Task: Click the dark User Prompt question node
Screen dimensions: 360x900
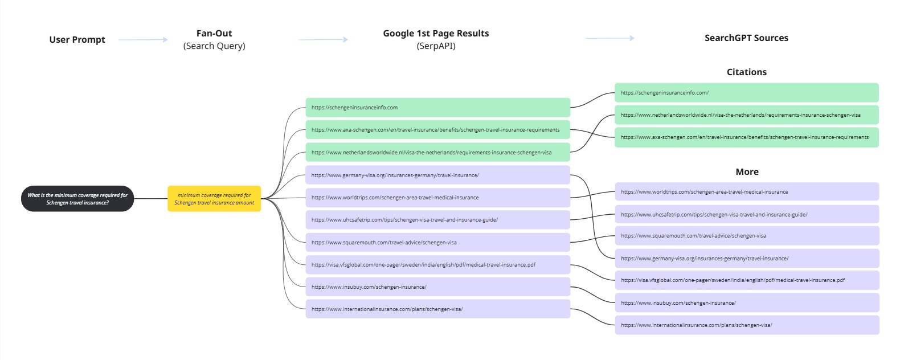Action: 77,199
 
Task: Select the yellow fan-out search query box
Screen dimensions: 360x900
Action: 214,199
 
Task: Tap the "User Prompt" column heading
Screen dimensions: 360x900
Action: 77,39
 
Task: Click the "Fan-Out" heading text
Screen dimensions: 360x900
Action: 214,34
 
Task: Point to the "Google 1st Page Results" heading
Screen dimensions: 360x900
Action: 436,34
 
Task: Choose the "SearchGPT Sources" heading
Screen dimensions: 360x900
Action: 746,38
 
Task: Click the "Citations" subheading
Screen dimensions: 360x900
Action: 746,72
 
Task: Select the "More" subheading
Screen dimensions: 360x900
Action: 747,172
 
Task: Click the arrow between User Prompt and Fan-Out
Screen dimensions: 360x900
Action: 143,39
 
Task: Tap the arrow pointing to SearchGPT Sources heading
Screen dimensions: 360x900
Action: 609,38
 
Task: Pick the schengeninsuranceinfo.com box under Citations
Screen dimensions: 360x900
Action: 746,93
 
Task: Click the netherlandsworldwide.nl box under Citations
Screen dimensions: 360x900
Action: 746,115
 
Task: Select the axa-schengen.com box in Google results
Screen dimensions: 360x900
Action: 437,130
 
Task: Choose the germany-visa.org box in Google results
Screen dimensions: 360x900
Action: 437,175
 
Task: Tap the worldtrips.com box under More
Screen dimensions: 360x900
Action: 747,192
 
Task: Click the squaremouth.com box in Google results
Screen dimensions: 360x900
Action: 437,243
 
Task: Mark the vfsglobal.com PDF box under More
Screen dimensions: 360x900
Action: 747,280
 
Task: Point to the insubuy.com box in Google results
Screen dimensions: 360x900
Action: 437,287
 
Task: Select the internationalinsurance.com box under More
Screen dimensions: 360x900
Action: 747,325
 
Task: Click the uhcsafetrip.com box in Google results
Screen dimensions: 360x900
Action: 437,220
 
